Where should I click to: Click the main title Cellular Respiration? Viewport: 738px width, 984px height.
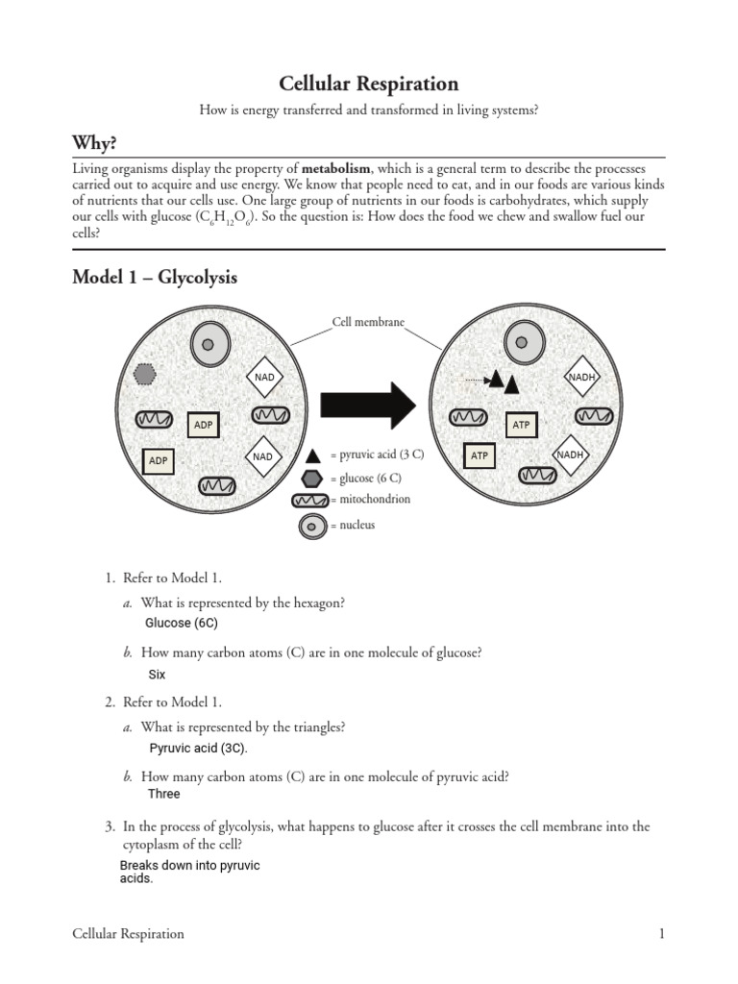pos(369,84)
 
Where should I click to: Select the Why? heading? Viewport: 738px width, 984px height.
pos(97,142)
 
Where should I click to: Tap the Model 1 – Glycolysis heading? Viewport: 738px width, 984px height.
pos(155,278)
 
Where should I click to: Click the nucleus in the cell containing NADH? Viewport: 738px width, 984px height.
pos(520,342)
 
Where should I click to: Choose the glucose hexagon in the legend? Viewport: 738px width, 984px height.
pos(312,478)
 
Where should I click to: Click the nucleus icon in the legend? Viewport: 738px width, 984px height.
pos(311,526)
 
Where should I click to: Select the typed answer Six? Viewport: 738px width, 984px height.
pos(157,675)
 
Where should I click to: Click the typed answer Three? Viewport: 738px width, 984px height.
pos(163,794)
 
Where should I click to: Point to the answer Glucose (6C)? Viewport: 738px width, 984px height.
pos(181,623)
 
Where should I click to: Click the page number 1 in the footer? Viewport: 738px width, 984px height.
pos(662,933)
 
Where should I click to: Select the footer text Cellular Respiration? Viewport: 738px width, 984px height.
pos(128,933)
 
